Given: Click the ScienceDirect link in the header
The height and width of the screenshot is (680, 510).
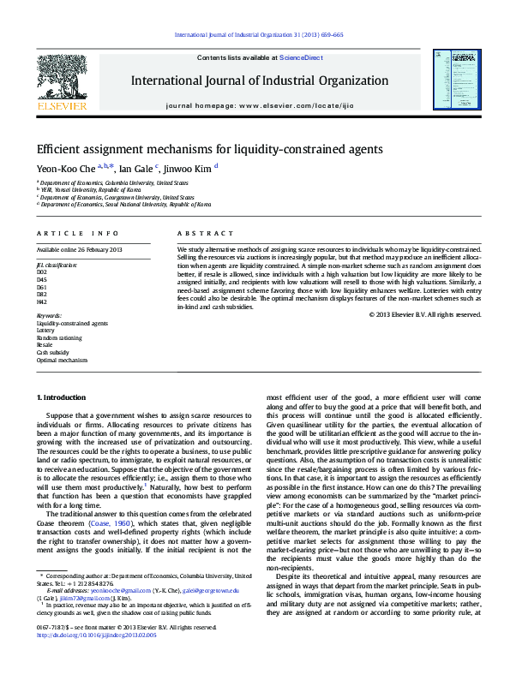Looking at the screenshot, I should [301, 58].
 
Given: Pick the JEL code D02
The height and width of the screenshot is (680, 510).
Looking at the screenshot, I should [42, 272].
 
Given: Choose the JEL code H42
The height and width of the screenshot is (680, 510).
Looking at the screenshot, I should [42, 301].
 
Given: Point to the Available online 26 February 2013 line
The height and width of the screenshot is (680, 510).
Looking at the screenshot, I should [79, 249].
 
